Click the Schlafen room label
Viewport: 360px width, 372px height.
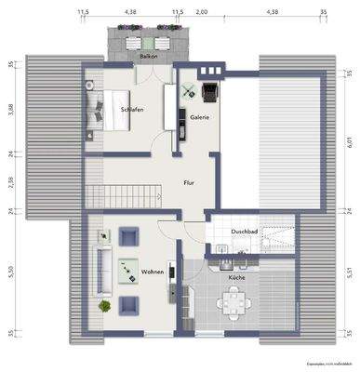131,110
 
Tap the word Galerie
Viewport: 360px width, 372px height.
199,117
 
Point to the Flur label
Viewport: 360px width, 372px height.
189,184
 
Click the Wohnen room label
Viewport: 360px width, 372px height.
152,272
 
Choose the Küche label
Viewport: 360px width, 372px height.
235,277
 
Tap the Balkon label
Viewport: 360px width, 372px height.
148,56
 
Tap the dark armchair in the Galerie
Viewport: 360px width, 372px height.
208,90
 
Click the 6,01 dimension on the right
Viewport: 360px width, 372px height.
350,139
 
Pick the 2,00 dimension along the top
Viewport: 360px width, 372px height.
203,11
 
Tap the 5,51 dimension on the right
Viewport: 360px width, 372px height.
350,272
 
